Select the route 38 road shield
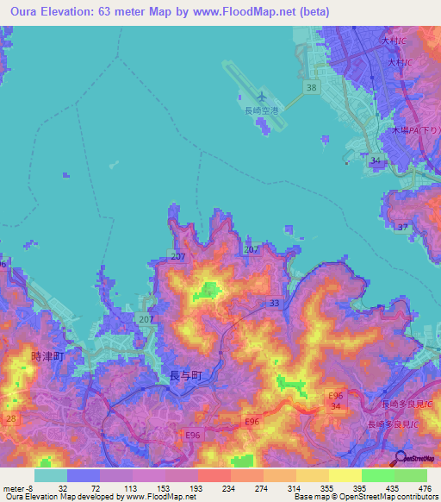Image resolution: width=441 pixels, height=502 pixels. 311,88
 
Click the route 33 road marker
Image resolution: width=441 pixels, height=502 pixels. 274,303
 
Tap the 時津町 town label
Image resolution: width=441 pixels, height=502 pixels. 47,355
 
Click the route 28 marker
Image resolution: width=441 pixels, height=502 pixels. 11,418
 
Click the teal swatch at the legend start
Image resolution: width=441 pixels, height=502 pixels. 50,475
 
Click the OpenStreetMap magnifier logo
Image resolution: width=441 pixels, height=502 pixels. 400,459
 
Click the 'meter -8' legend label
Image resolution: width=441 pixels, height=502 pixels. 17,487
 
